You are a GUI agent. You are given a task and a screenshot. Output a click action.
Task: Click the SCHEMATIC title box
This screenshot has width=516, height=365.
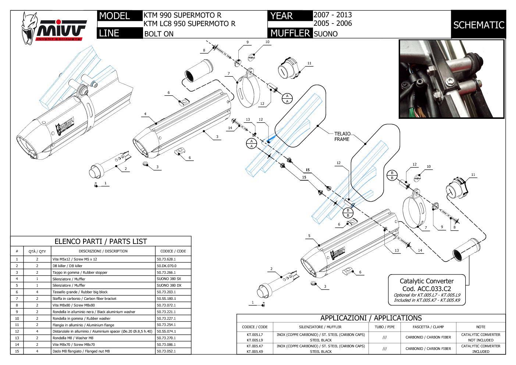[x=478, y=25]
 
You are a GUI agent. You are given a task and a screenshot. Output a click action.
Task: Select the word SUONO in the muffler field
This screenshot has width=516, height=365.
[x=325, y=34]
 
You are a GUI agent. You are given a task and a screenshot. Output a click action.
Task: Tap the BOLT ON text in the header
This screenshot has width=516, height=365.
[x=159, y=34]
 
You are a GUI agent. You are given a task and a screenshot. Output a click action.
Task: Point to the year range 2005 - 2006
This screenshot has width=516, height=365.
[x=332, y=24]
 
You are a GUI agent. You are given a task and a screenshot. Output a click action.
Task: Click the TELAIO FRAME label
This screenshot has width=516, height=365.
[x=342, y=137]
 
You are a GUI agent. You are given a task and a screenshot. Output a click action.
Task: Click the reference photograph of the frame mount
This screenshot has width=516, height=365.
[x=451, y=79]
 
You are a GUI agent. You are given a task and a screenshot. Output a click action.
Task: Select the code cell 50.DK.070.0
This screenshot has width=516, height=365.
[x=167, y=266]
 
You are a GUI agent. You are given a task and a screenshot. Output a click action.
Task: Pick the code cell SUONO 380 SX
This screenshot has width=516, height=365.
[x=169, y=279]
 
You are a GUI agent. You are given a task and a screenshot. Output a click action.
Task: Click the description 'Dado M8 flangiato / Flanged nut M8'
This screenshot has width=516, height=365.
[x=81, y=351]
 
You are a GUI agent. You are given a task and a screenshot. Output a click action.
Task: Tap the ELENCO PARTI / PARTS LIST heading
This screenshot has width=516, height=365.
[x=100, y=241]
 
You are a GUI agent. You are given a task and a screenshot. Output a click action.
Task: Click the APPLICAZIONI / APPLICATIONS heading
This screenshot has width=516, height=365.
[x=371, y=318]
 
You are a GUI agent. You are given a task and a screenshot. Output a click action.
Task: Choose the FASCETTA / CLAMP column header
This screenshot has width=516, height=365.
[x=428, y=327]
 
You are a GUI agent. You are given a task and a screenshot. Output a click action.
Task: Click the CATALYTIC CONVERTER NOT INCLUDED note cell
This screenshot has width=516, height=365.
[x=480, y=337]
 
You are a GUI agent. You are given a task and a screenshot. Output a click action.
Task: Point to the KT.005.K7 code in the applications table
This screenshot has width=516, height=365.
[x=255, y=346]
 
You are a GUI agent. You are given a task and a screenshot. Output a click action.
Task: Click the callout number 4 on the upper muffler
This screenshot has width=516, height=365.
[x=145, y=114]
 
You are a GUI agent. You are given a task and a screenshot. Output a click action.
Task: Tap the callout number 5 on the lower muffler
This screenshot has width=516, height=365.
[x=309, y=236]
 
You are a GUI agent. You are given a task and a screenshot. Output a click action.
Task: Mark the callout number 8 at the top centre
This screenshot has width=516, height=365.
[x=204, y=50]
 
